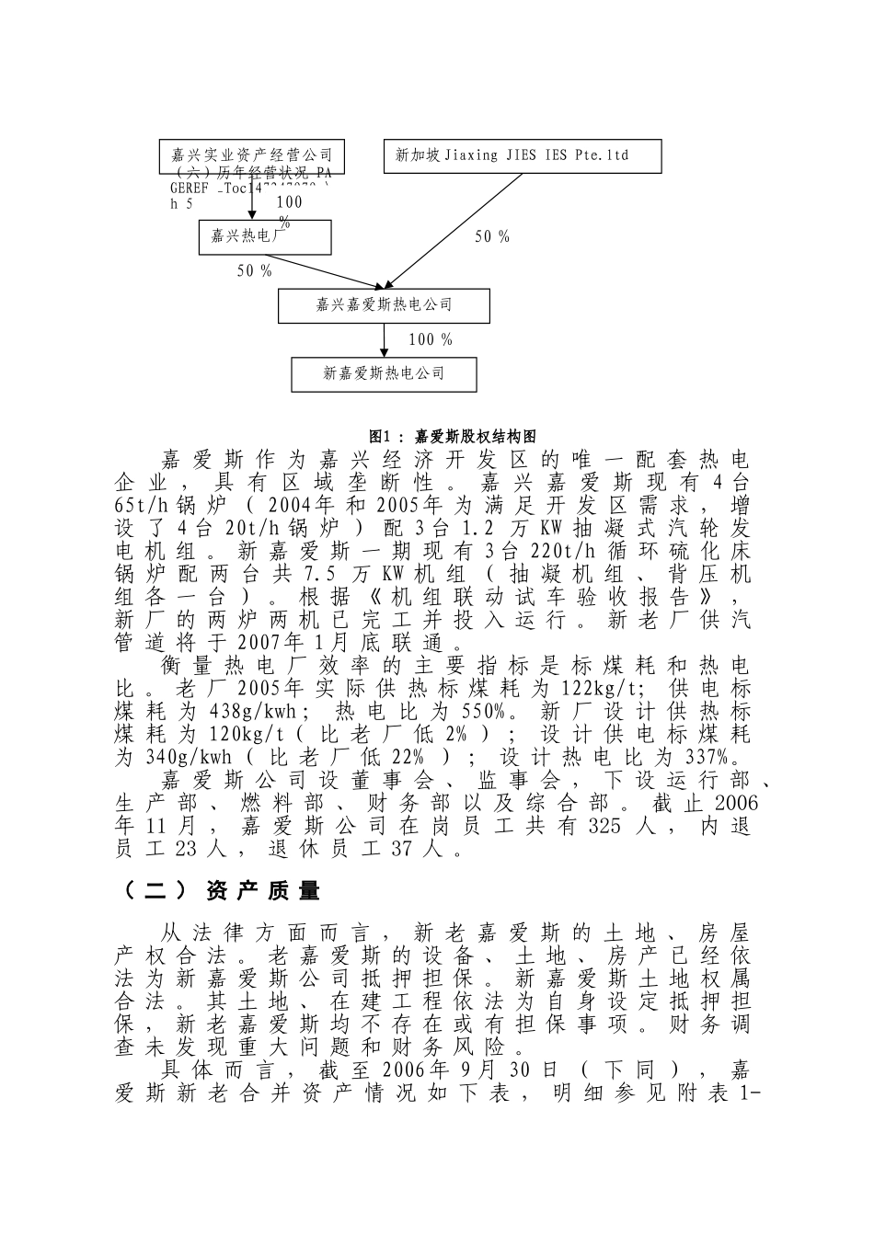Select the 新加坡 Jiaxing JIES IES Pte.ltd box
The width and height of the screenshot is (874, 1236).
point(522,155)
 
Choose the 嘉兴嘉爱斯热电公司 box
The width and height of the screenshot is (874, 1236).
point(384,305)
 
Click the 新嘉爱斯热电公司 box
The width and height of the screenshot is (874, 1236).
point(384,373)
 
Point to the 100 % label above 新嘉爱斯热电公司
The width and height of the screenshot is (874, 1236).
point(431,340)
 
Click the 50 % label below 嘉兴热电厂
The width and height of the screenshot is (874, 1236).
point(255,271)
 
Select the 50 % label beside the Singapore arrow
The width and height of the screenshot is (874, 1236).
point(491,237)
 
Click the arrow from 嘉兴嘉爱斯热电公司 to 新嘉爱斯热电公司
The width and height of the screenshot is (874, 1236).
point(385,340)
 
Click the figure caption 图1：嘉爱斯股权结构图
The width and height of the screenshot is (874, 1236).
point(452,436)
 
